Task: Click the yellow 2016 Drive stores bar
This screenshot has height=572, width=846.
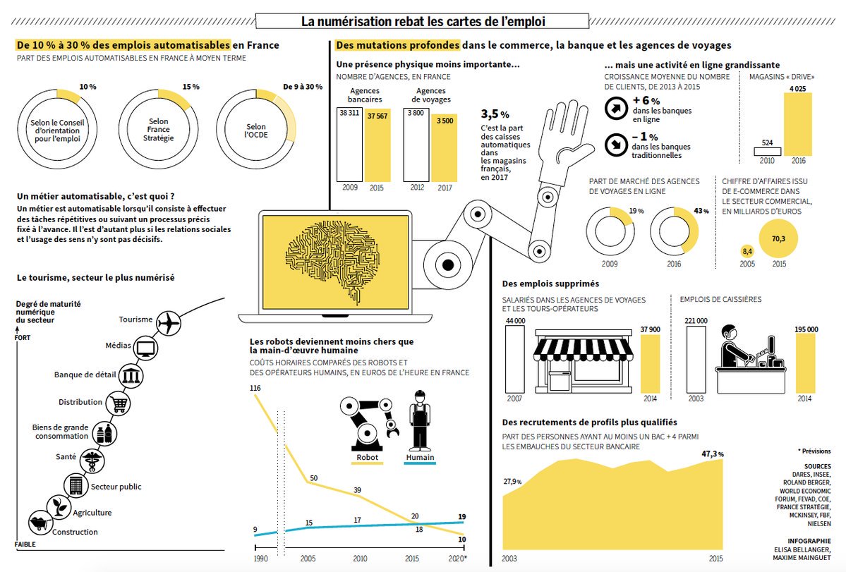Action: point(797,124)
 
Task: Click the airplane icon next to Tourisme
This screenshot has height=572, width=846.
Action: point(169,322)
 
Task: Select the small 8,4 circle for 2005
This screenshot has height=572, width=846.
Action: point(747,250)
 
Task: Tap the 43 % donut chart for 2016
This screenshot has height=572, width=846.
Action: point(674,231)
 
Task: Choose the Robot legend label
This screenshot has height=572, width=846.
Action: point(367,458)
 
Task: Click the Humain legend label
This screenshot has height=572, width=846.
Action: point(421,458)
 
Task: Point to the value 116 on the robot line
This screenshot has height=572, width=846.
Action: point(255,389)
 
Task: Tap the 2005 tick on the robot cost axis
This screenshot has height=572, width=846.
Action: point(308,558)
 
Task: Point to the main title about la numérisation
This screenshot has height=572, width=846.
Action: point(423,22)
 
